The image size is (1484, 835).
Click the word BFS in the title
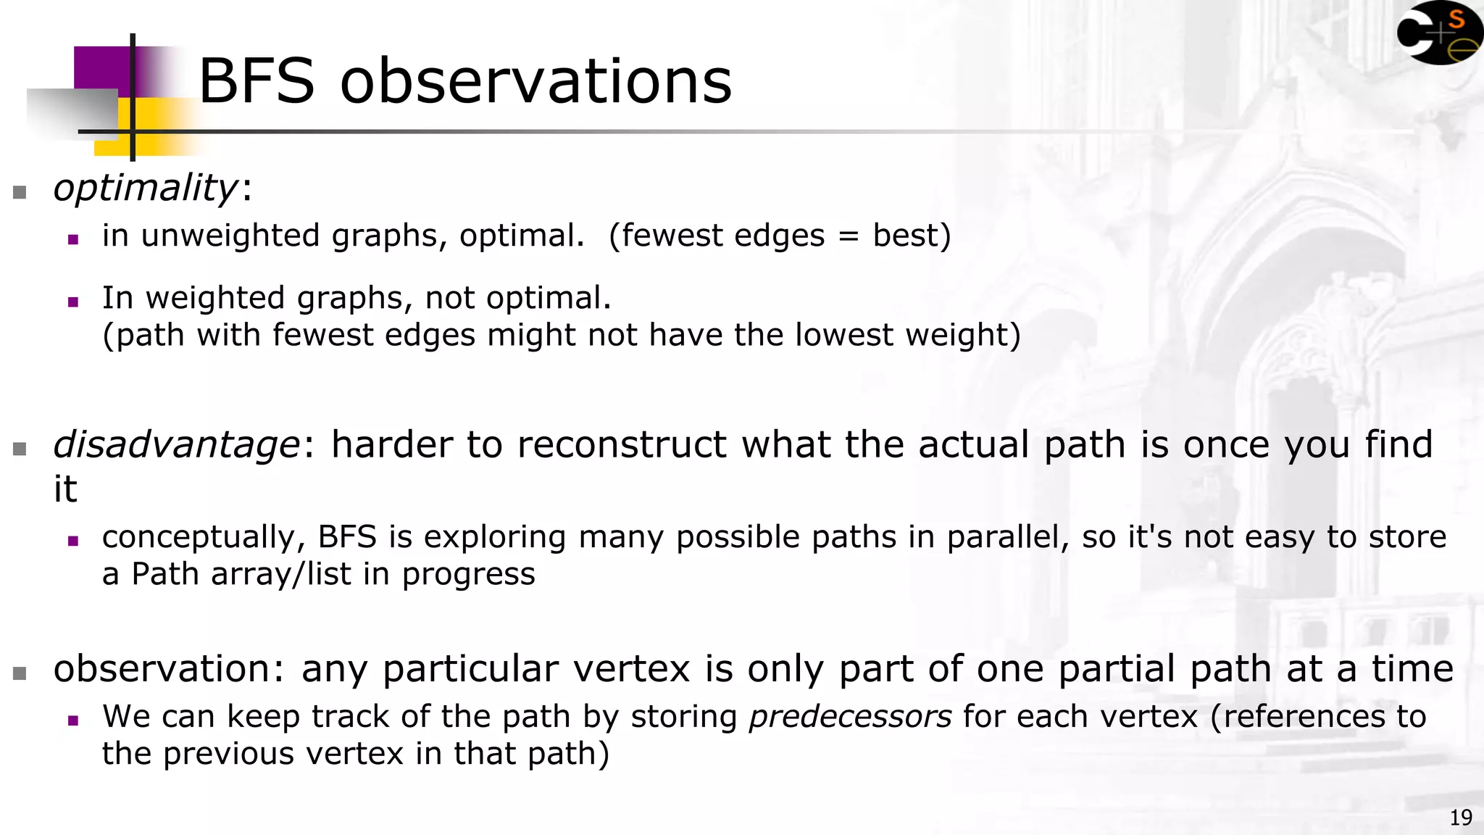257,81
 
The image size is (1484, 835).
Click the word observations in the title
536,81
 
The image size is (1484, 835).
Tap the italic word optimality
145,188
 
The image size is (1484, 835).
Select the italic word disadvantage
176,444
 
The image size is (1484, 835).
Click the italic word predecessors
850,717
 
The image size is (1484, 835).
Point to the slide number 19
1461,818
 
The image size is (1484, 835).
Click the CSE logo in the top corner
1438,33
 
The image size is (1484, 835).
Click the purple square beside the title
101,69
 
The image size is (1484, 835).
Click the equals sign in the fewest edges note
849,236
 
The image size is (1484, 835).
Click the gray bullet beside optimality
20,192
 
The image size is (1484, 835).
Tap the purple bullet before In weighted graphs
72,302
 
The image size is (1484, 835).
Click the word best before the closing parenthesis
905,236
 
